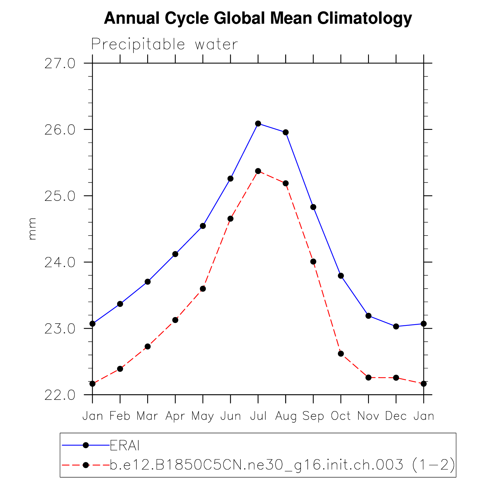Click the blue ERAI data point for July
[x=258, y=124]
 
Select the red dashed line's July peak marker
[x=258, y=171]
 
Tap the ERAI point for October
[x=341, y=276]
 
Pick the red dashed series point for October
[x=341, y=354]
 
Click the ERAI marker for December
[x=396, y=326]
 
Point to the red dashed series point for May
[x=203, y=289]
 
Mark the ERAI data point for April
[x=175, y=254]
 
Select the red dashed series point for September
[x=313, y=262]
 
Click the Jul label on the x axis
[x=258, y=416]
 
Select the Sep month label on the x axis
[x=313, y=416]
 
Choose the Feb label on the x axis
[x=120, y=416]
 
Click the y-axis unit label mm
[x=32, y=229]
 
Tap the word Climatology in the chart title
[x=364, y=18]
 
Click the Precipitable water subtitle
[x=164, y=45]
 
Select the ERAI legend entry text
[x=124, y=445]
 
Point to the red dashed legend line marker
[x=86, y=465]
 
